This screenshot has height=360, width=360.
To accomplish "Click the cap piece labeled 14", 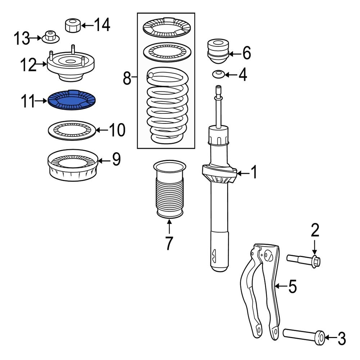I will (x=72, y=25).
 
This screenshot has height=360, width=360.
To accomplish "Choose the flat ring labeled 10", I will (x=72, y=131).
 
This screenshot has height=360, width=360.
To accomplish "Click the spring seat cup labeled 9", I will (x=73, y=165).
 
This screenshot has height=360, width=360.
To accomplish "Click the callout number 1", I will (x=254, y=173).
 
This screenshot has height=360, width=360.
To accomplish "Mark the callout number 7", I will (x=169, y=243).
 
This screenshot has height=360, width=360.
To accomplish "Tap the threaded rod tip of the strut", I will (x=218, y=90).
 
